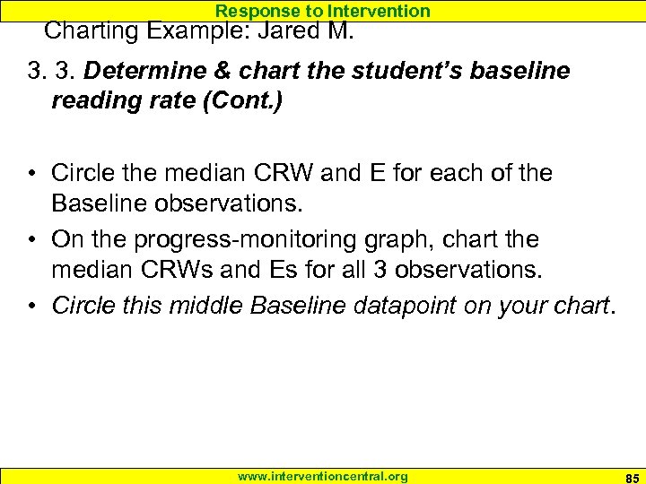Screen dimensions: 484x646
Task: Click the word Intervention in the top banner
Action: point(380,11)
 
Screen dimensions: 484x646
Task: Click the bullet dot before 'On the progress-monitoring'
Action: point(31,239)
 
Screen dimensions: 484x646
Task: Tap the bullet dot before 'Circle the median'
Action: point(31,173)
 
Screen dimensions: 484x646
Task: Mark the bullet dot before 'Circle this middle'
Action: point(31,307)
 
